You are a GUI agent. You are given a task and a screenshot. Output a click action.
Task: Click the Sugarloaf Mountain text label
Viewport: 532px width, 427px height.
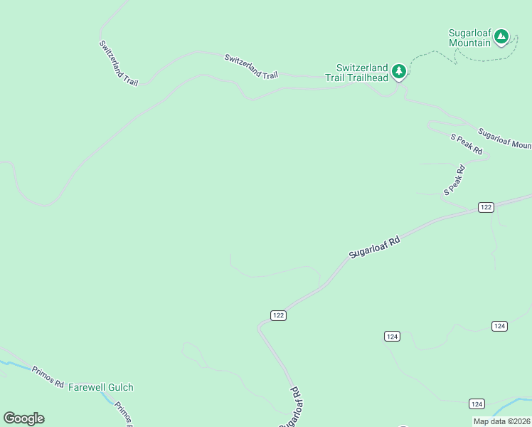pos(469,38)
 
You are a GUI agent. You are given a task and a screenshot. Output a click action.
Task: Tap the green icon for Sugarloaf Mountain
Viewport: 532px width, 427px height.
pos(501,36)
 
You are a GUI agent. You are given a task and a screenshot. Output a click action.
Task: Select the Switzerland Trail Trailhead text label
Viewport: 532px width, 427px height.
pos(357,73)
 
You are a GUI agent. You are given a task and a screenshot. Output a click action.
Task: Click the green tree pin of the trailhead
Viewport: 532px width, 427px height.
pos(399,70)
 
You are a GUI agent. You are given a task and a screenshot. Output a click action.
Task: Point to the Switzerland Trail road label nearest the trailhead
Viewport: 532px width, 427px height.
pos(250,65)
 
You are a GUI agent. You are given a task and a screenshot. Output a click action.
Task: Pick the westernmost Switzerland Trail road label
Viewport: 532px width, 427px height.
pos(118,63)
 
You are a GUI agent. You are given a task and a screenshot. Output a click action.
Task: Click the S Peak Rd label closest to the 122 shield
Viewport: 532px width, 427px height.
pos(454,180)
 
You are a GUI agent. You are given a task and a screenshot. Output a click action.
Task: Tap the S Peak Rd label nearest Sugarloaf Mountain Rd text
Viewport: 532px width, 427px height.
pos(467,144)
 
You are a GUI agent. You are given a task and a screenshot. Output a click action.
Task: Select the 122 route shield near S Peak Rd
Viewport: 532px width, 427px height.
pos(486,207)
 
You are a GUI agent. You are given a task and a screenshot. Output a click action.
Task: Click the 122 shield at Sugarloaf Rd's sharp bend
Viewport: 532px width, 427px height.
pos(278,315)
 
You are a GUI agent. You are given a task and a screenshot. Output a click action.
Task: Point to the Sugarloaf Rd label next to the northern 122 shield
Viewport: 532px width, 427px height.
pos(374,248)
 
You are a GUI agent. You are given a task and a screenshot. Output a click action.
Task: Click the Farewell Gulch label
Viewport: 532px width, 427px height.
pos(100,387)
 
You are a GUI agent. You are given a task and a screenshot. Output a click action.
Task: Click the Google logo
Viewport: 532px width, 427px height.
pos(23,418)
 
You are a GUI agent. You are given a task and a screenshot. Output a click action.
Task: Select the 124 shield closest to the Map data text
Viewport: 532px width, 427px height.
pos(477,404)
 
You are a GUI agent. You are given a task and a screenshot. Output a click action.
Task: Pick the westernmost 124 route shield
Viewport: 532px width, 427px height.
pos(392,336)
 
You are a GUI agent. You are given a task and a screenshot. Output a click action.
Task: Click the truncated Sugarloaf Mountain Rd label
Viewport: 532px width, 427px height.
pos(504,139)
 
